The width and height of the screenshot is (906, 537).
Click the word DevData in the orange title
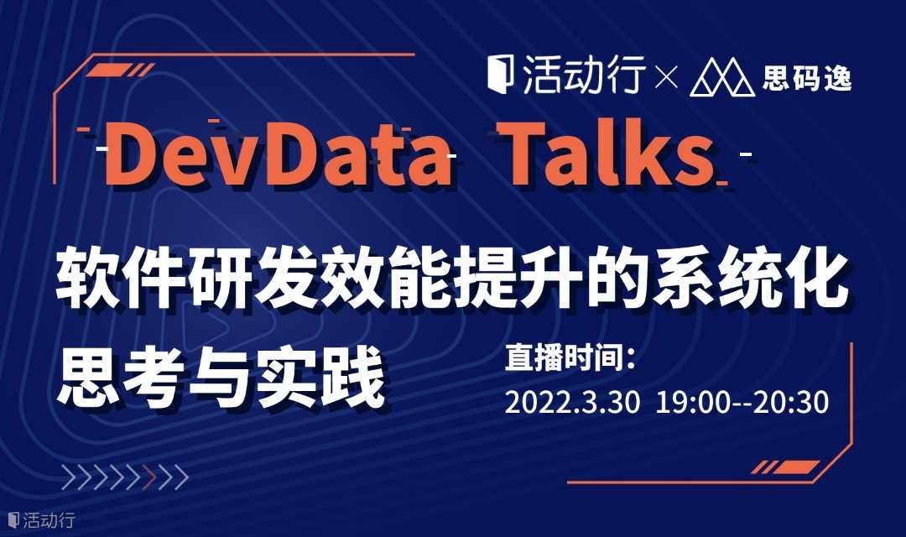click(278, 154)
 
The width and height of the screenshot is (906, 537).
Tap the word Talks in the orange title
click(607, 154)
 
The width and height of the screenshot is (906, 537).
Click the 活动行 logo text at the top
click(584, 76)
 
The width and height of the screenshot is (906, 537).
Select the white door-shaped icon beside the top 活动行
click(500, 74)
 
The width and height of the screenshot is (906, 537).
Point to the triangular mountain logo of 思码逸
click(722, 76)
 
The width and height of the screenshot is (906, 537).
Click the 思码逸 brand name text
click(807, 77)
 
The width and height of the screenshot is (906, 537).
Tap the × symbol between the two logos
click(666, 78)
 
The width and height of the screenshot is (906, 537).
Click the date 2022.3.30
click(572, 402)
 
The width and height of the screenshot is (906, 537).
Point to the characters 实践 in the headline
click(321, 378)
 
